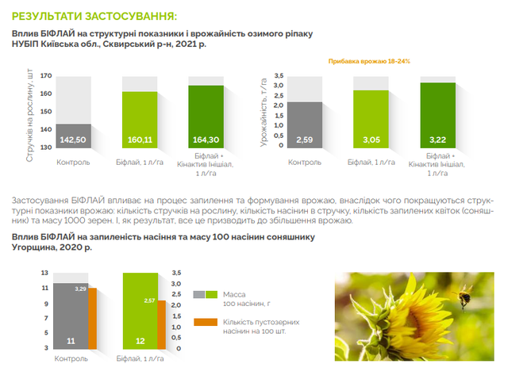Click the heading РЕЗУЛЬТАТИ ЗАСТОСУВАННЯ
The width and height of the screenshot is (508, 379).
(94, 15)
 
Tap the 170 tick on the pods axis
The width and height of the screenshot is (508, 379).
(45, 76)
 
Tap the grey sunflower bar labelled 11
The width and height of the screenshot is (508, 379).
(71, 317)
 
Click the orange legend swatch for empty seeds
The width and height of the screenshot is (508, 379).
(205, 323)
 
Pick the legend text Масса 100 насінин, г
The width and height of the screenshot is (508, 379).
(242, 298)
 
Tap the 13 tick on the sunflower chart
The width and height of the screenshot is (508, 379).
(46, 272)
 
